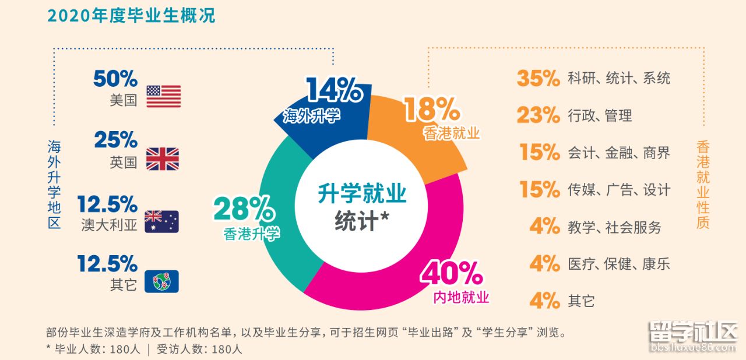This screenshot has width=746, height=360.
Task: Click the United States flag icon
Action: pos(163,96)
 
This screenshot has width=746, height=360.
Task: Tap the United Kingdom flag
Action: pos(162,158)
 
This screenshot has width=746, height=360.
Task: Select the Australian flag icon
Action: pos(161,221)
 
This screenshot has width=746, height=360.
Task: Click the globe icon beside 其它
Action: pos(161,281)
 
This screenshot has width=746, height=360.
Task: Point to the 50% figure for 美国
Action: pos(115,79)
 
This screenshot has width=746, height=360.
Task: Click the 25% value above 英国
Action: pos(115,140)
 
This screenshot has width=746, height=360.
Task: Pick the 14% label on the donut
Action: pos(335,91)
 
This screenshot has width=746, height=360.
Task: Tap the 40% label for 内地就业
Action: pos(452,273)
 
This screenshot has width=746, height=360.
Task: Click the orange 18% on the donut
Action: pos(432,108)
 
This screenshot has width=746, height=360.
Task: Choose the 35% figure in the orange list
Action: pos(538,78)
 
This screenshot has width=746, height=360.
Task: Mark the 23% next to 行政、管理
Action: pos(538,115)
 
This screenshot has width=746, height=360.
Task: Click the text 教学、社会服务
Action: pos(615,227)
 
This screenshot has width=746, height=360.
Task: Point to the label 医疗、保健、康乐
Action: pos(619,264)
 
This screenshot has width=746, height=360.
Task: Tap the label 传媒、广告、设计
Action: pos(619,190)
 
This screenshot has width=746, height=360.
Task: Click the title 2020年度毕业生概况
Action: pos(131,16)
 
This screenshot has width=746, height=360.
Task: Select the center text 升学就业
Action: pos(361,194)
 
